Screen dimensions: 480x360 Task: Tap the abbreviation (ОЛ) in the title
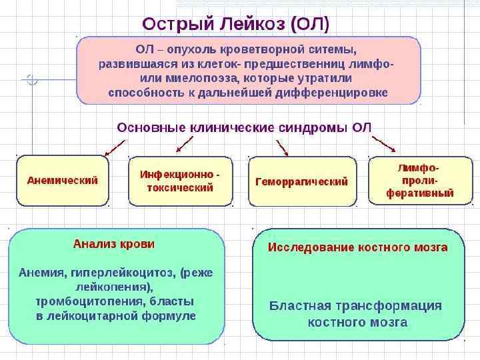310,23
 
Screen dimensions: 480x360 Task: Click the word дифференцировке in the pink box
337,93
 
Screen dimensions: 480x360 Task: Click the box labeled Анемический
62,181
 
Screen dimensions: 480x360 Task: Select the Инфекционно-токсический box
180,181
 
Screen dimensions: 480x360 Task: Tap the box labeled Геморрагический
301,181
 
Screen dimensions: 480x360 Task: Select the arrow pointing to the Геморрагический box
280,147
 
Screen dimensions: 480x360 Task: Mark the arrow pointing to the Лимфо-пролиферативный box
384,144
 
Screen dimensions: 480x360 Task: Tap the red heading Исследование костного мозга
357,247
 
